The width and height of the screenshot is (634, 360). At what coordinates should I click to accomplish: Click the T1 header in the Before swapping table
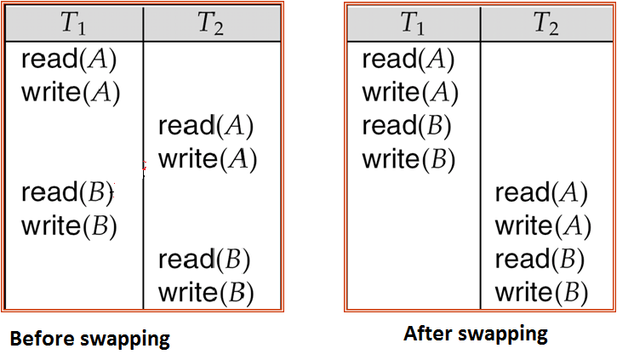coord(75,24)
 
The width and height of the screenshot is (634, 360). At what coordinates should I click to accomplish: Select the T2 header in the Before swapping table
coord(210,24)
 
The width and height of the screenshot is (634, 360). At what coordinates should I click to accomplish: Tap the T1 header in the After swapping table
coord(413,24)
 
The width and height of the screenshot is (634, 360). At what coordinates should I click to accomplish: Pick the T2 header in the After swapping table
coord(545,24)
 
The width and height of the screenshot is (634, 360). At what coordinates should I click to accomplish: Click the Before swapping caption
coord(90,338)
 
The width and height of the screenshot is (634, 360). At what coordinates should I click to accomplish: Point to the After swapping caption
coord(476,333)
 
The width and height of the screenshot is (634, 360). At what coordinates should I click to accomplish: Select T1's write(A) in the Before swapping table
coord(71,92)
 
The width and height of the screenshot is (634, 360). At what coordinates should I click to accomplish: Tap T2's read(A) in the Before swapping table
coord(206,126)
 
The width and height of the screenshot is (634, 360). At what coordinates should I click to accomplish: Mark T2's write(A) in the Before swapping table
coord(208,159)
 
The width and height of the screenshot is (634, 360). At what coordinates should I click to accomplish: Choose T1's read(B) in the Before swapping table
coord(67,193)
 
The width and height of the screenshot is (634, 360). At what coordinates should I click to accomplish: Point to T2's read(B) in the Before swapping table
coord(205,260)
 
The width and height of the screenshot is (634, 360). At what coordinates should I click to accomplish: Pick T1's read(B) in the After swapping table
coord(407,126)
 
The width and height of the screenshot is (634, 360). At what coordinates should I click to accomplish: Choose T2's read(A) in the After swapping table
coord(541,193)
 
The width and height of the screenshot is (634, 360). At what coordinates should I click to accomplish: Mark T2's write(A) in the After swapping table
coord(543,226)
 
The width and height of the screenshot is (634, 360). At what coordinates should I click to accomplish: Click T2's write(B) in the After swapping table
coord(542,293)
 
